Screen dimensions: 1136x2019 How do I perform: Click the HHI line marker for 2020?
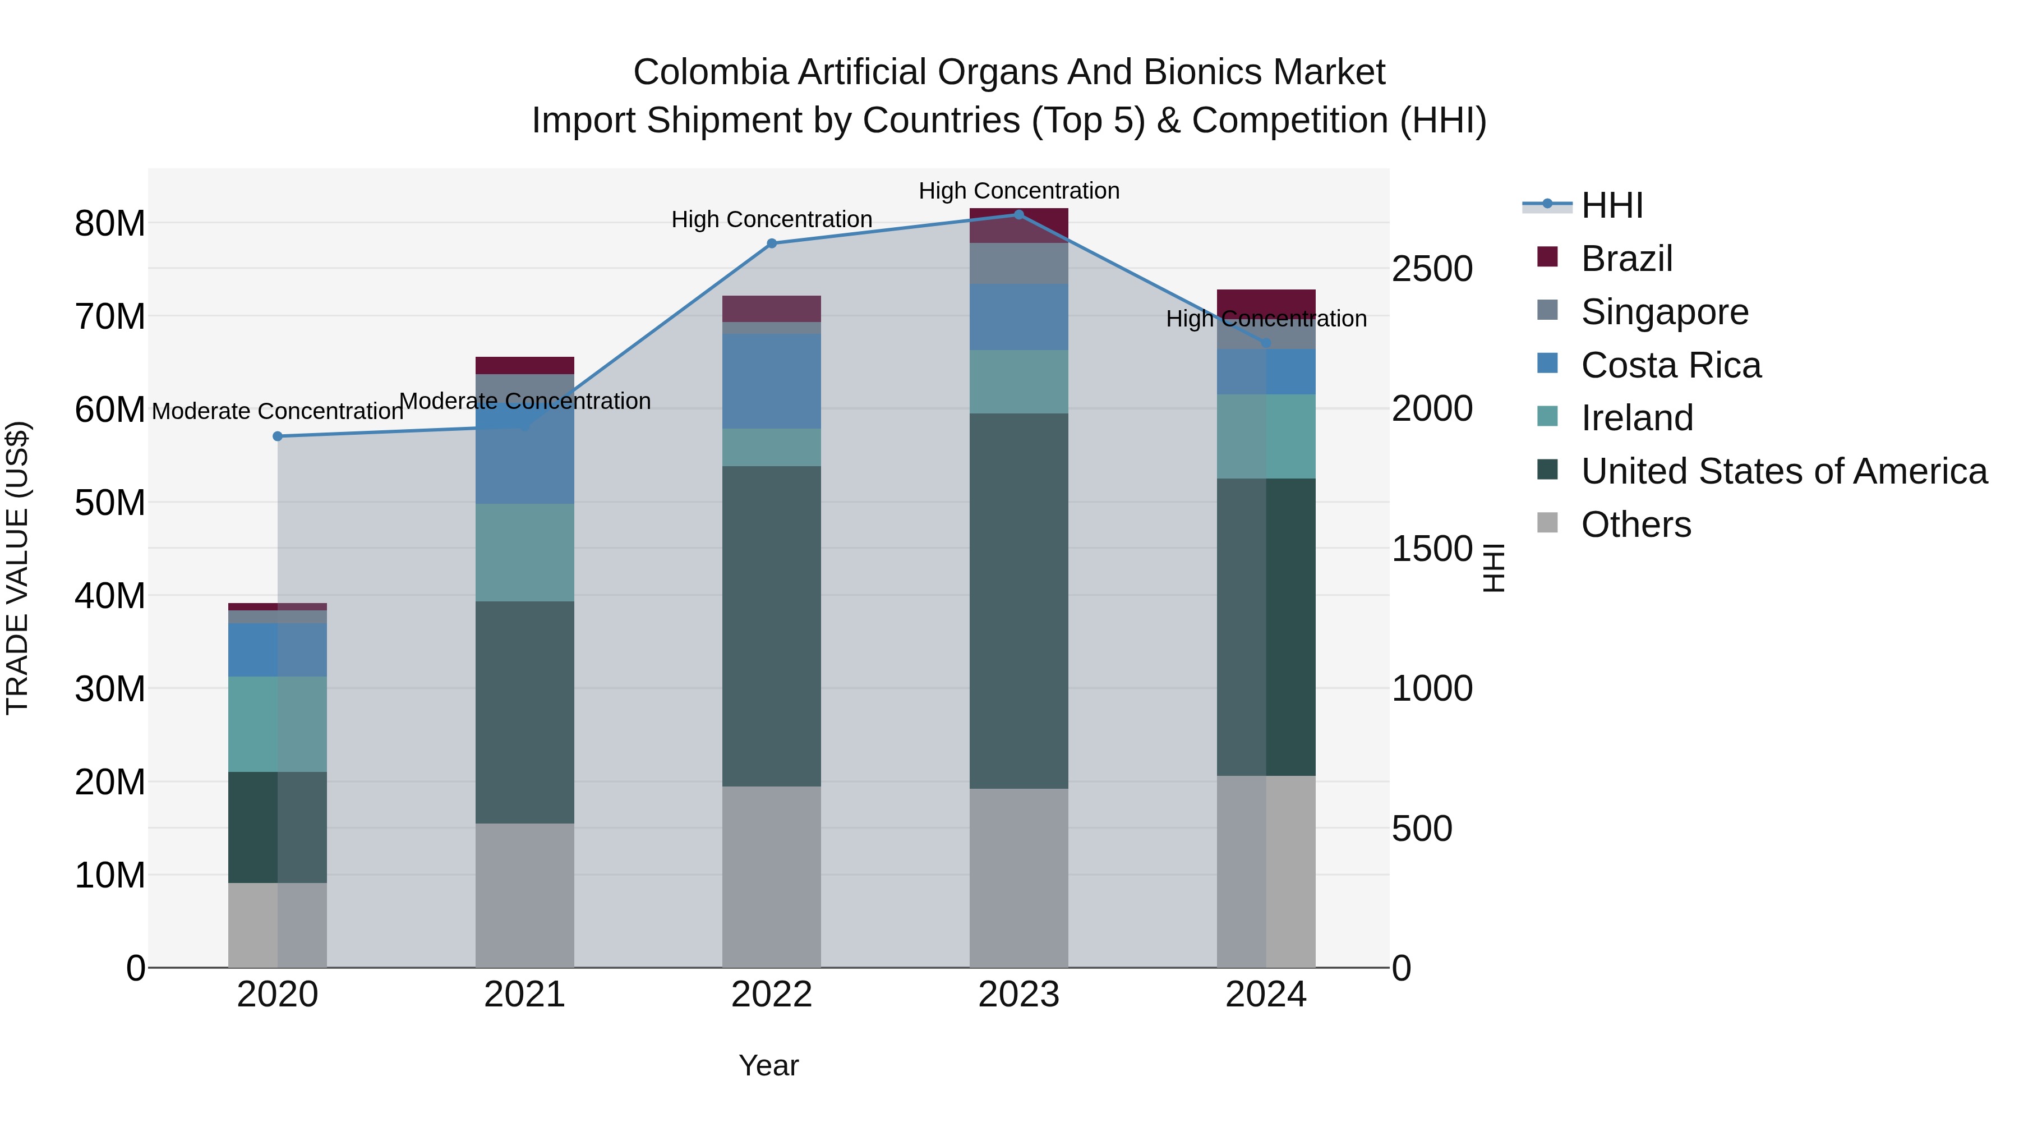click(278, 436)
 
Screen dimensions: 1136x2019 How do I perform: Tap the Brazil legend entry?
click(1626, 259)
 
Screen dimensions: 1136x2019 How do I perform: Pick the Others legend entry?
click(1636, 525)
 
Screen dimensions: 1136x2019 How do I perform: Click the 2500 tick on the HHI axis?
click(1431, 269)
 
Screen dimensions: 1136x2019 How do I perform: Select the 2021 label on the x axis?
click(524, 995)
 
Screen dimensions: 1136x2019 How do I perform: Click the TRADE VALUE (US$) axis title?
click(17, 568)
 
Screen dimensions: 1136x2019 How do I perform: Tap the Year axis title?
click(768, 1065)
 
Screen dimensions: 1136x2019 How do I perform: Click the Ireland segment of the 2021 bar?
click(524, 553)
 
